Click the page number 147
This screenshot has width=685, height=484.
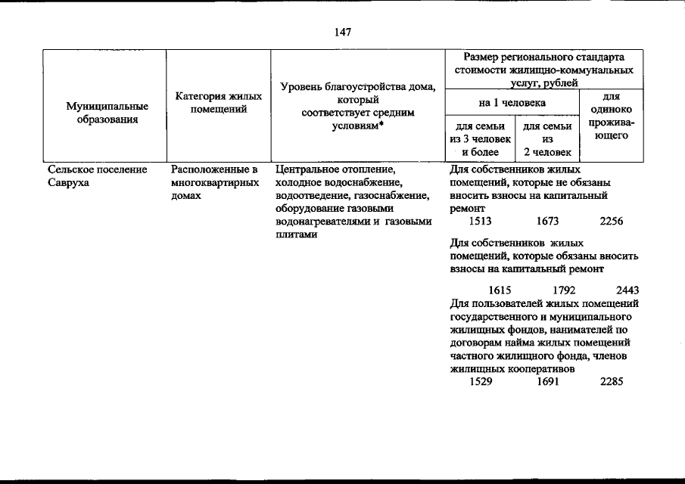tap(342, 32)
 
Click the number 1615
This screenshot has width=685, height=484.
tap(500, 289)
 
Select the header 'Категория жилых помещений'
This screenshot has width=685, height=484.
tap(219, 104)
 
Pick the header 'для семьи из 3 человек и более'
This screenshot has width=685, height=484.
tap(480, 139)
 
